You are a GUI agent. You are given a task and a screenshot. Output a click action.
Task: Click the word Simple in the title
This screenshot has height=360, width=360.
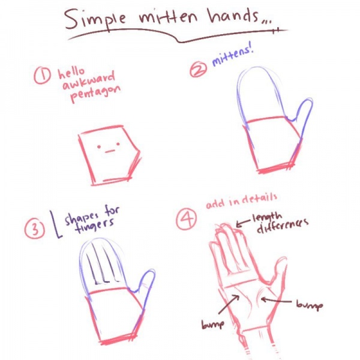coord(95,20)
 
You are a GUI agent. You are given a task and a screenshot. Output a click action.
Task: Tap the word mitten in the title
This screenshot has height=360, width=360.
coord(168,17)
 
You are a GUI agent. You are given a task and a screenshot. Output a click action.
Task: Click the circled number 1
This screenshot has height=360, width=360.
coord(42,75)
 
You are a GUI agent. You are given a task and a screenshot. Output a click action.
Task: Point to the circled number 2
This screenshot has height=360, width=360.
coord(198,70)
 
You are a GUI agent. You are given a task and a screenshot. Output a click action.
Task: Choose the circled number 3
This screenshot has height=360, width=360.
coord(35,229)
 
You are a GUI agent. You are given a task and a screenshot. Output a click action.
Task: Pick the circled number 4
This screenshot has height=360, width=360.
coord(187,219)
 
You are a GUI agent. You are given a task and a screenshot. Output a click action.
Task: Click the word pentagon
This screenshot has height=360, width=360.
coord(95,94)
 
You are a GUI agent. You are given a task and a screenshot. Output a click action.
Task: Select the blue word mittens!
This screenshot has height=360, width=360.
coord(232,56)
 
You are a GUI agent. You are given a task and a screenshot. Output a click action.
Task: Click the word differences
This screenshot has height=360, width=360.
coord(283,226)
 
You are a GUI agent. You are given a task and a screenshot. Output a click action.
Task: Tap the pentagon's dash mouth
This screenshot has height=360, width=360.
coord(110,151)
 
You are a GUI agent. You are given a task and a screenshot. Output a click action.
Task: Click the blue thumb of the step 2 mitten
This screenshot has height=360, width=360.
coord(302,113)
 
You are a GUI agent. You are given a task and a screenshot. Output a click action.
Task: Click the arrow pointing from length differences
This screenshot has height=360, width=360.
coord(243,223)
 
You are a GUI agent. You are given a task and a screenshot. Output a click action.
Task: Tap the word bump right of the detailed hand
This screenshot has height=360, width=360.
coord(310,305)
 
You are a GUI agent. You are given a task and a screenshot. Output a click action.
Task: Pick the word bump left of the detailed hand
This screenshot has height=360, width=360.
coord(212,325)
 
